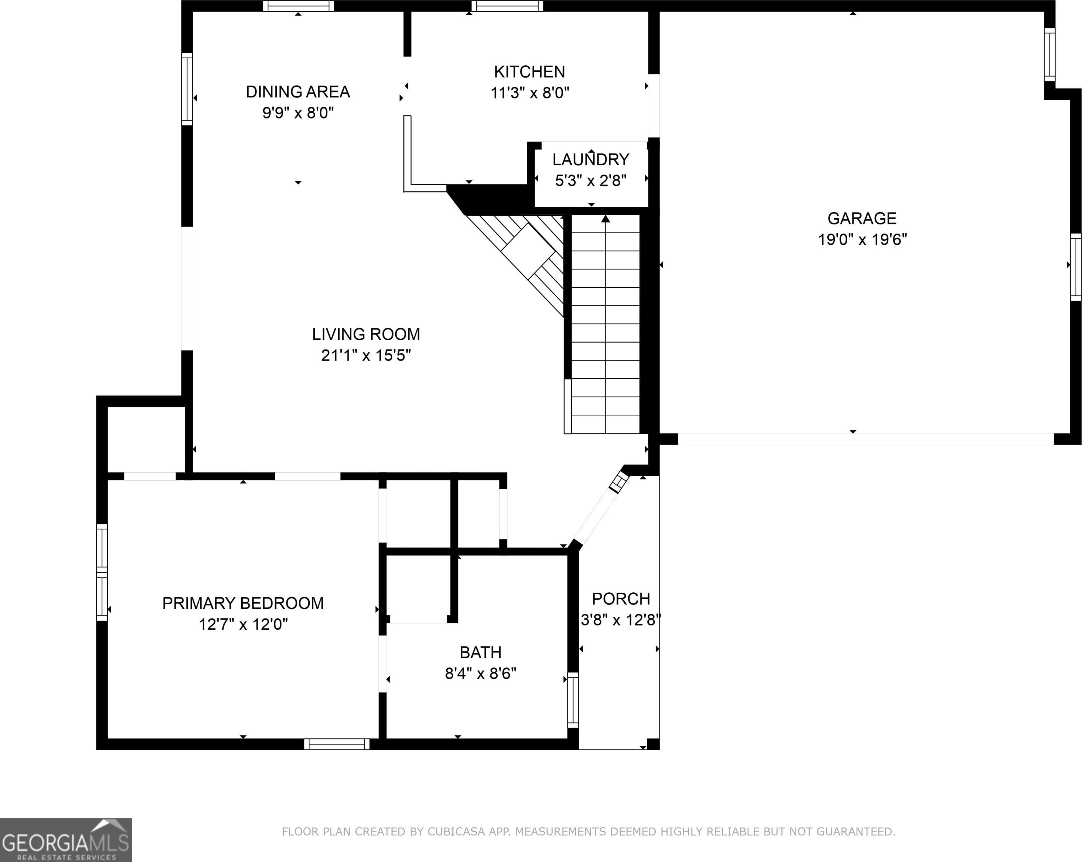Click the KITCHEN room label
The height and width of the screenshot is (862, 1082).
point(529,72)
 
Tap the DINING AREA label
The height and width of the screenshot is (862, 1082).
point(298,92)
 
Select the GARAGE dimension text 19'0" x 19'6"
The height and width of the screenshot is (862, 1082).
point(862,239)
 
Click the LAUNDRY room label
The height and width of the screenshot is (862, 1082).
point(591,160)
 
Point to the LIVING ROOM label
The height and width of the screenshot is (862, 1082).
point(366,335)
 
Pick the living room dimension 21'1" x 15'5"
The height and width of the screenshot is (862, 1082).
point(366,356)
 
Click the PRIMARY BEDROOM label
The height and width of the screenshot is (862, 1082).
point(243,603)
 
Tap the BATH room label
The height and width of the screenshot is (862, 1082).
point(480,652)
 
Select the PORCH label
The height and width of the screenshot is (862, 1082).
point(621,599)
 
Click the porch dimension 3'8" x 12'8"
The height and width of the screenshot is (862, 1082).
point(621,620)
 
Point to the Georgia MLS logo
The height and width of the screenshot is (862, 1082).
point(66,840)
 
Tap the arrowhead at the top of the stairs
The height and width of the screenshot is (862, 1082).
point(606,218)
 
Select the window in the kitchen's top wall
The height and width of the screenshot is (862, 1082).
point(507,6)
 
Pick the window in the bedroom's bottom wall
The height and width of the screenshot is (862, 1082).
point(337,744)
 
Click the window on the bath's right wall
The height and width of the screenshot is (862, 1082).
point(572,700)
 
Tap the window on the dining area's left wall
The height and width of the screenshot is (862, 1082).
point(187,89)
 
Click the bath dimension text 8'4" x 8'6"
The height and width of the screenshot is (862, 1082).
point(480,673)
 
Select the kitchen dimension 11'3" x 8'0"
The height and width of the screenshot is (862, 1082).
point(529,93)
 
